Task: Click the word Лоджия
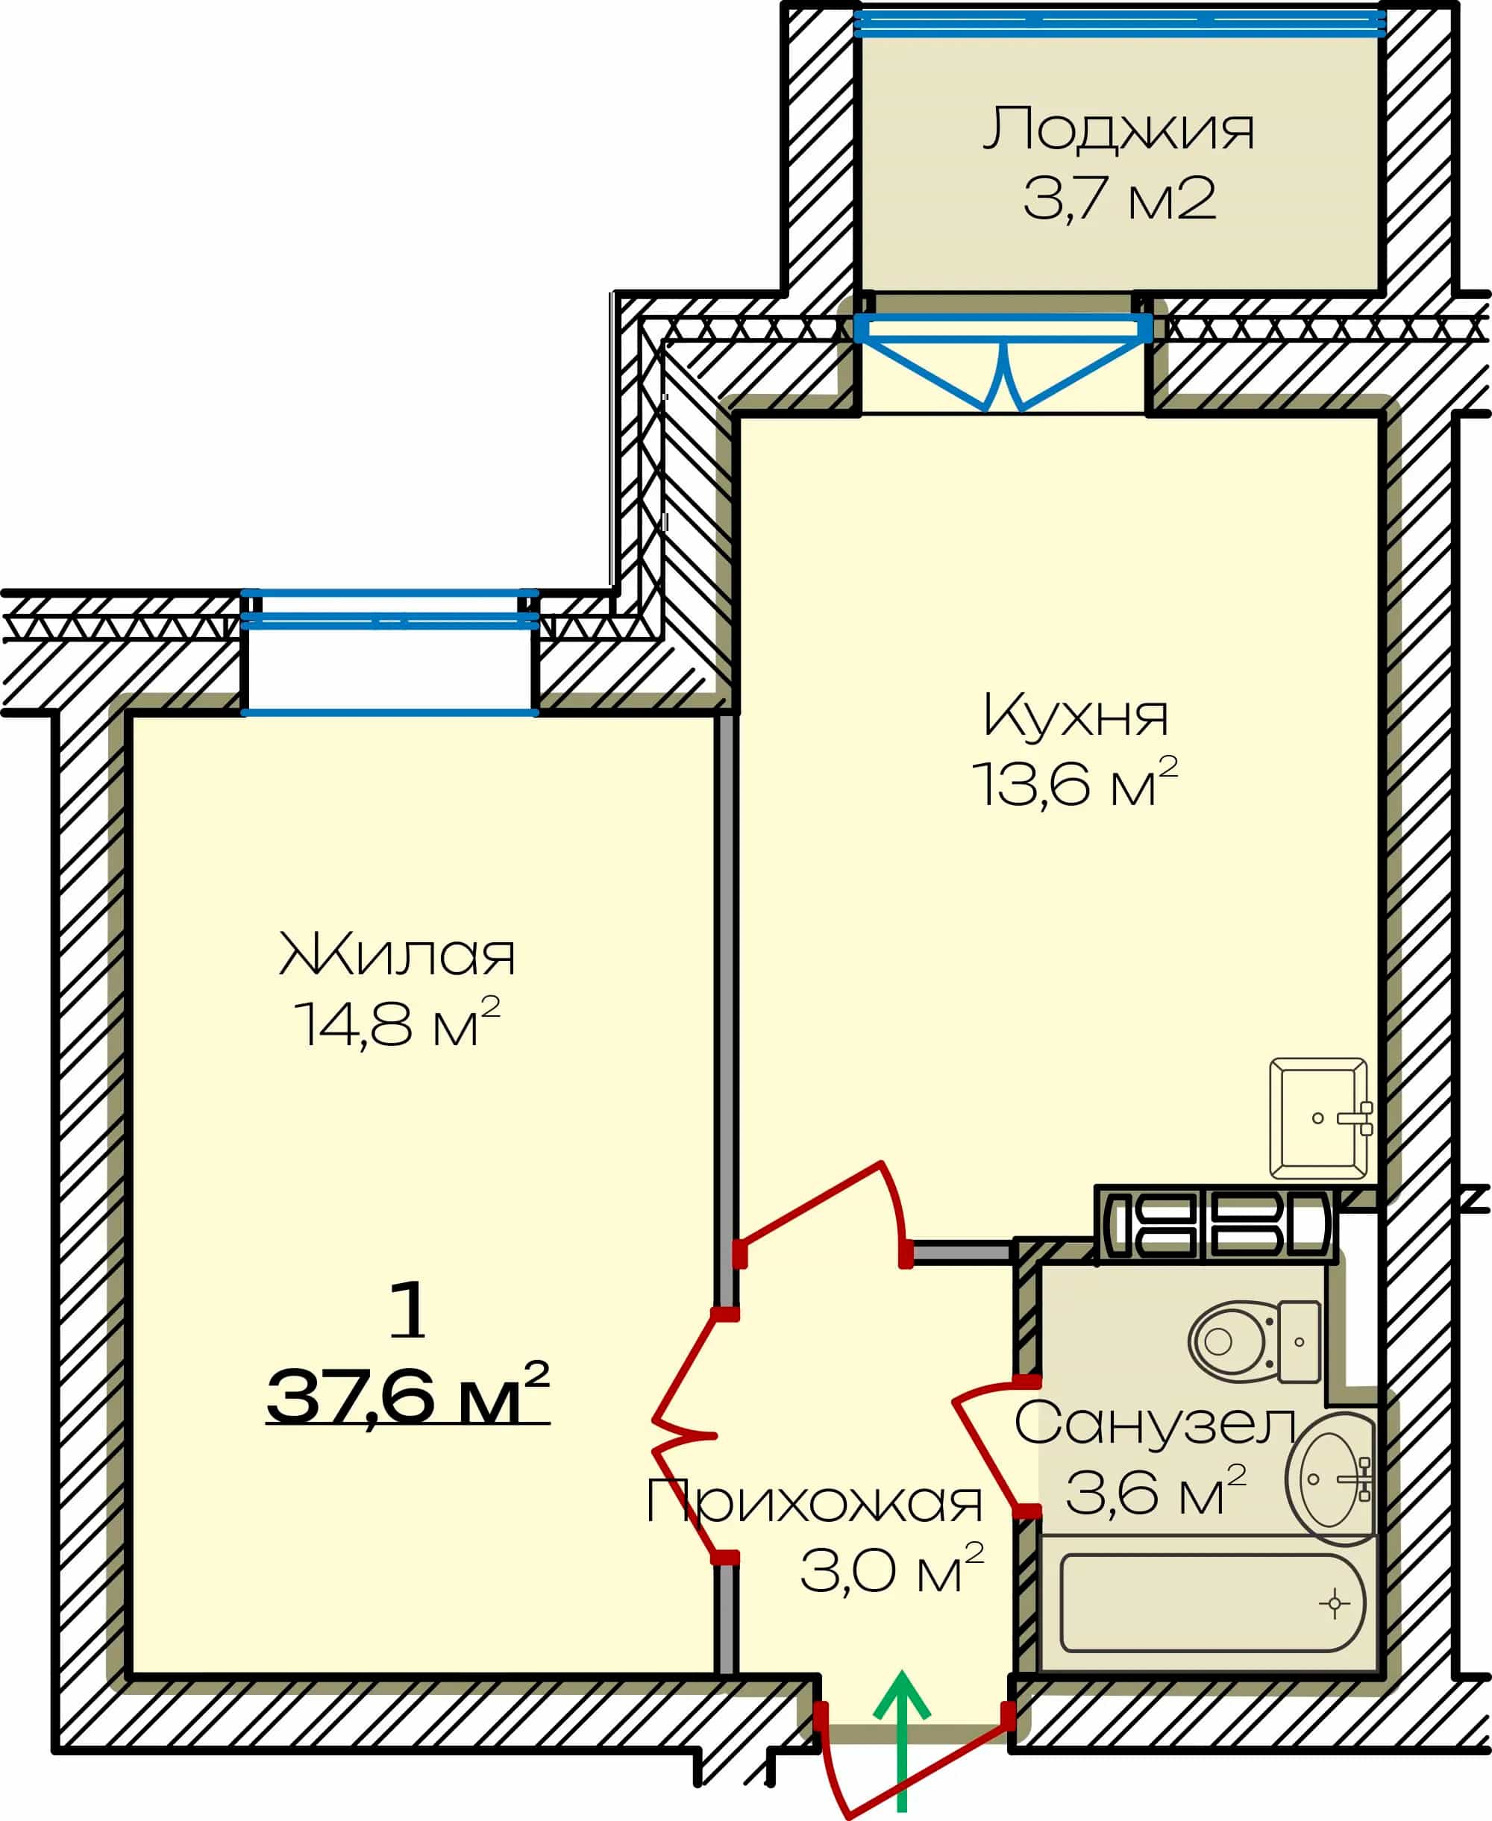click(1118, 131)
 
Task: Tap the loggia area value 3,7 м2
click(1119, 198)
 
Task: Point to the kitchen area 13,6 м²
click(1074, 782)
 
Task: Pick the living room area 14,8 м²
click(397, 1023)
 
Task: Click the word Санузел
click(1155, 1424)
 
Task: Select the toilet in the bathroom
click(1255, 1341)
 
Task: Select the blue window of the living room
click(389, 652)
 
